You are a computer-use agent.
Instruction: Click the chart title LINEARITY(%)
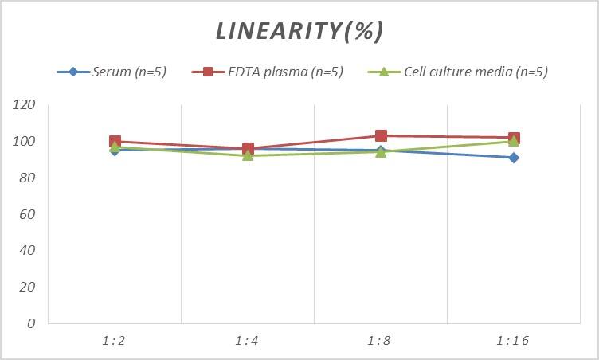pyautogui.click(x=299, y=31)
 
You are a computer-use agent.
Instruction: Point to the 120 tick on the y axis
pyautogui.click(x=25, y=105)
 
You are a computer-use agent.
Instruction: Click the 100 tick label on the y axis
pyautogui.click(x=25, y=142)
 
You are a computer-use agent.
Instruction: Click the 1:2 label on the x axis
pyautogui.click(x=115, y=341)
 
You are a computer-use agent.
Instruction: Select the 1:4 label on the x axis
pyautogui.click(x=248, y=341)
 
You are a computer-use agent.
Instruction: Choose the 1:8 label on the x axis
pyautogui.click(x=381, y=341)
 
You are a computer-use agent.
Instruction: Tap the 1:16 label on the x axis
pyautogui.click(x=514, y=341)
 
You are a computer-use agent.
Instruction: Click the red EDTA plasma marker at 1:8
pyautogui.click(x=381, y=136)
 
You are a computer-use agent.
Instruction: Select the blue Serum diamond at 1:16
pyautogui.click(x=514, y=158)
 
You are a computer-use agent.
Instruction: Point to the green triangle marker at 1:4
pyautogui.click(x=248, y=155)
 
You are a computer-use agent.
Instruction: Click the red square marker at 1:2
pyautogui.click(x=115, y=142)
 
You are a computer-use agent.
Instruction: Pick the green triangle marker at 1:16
pyautogui.click(x=514, y=141)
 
